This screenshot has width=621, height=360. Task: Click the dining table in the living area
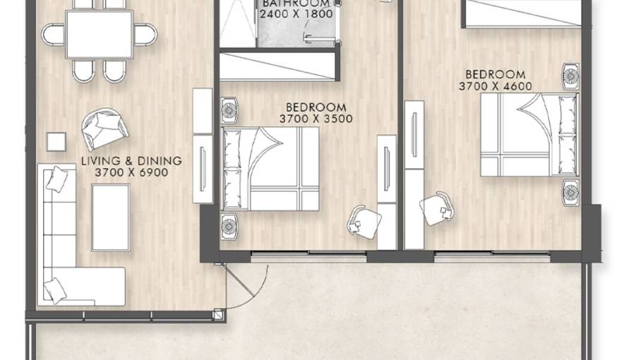click(x=99, y=35)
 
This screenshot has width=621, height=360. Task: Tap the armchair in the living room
click(x=104, y=128)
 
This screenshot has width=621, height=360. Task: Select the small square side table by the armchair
click(x=56, y=141)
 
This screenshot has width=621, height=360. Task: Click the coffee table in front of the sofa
click(x=111, y=217)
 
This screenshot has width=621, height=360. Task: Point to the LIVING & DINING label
click(x=131, y=161)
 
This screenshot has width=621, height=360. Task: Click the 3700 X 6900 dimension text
click(x=131, y=172)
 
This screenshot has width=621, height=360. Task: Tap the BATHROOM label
click(x=296, y=4)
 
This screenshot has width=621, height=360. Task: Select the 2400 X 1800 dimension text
click(x=296, y=14)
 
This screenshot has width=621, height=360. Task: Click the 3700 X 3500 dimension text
click(x=316, y=119)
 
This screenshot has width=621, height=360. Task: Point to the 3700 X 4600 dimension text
click(x=495, y=86)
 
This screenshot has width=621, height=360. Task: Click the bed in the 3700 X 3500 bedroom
click(x=270, y=169)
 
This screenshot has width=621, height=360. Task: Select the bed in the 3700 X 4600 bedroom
click(x=529, y=135)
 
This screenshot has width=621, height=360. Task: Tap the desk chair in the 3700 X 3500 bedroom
click(x=364, y=222)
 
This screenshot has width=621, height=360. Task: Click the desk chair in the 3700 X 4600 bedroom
click(x=436, y=209)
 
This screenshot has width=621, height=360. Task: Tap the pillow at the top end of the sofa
click(x=57, y=179)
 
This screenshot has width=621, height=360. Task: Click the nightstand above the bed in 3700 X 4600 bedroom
click(x=570, y=76)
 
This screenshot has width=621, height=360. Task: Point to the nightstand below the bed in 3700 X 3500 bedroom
click(x=229, y=226)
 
